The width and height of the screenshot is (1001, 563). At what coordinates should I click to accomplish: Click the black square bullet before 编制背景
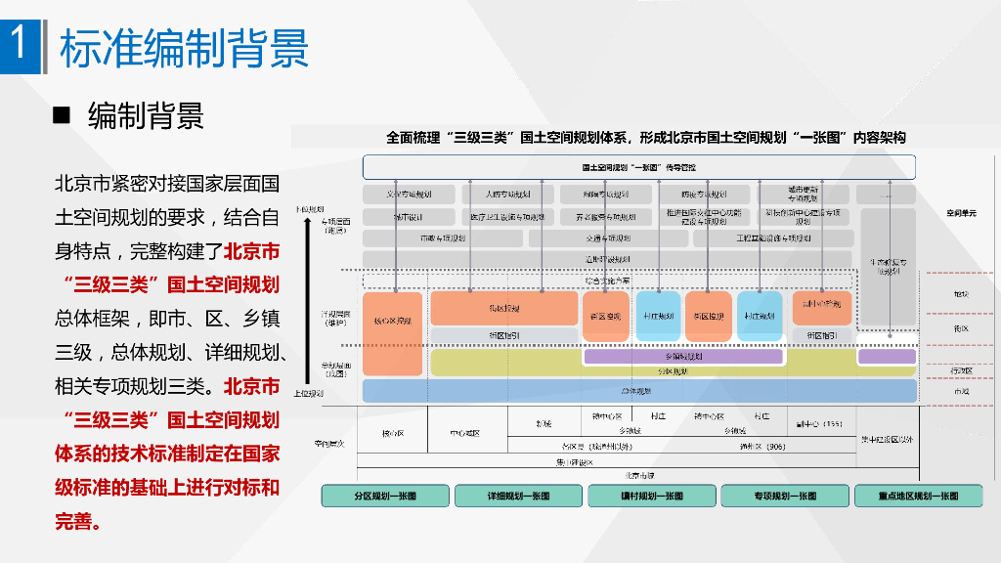tap(62, 115)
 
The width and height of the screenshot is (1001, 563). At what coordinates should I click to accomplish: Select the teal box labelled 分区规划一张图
tap(385, 496)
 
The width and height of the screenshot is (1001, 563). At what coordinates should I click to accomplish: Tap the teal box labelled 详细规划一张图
tap(518, 496)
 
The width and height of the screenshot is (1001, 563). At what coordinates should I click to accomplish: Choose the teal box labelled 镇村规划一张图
tap(651, 496)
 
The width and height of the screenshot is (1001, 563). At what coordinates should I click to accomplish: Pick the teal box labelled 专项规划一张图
tap(784, 496)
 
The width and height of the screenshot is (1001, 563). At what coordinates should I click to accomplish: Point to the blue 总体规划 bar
tap(639, 391)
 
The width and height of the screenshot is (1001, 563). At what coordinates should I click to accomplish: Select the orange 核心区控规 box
tap(392, 321)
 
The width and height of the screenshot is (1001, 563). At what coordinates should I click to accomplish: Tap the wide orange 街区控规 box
tap(503, 308)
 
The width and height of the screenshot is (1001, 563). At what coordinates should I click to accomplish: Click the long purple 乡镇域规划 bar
tap(683, 357)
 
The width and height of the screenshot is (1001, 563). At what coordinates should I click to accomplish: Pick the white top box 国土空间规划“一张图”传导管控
tap(638, 166)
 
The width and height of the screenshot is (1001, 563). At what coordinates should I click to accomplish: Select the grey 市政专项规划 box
tap(442, 238)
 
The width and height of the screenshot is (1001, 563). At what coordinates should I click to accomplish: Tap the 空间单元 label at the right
tap(960, 212)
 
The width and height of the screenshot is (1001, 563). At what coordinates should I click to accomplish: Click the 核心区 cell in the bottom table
tap(393, 432)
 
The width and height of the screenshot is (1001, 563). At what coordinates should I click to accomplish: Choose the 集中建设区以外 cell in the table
tap(887, 440)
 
